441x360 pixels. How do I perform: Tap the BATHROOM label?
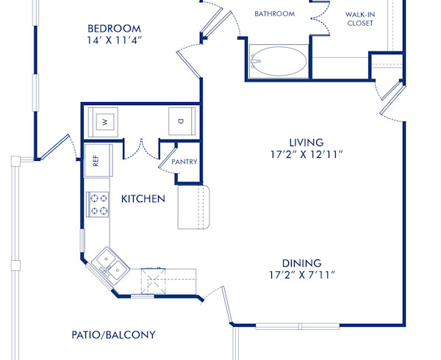pos(274,13)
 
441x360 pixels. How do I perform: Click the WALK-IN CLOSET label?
pos(359,18)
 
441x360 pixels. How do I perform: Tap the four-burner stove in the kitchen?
pos(98,204)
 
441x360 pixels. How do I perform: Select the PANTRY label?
pos(184,162)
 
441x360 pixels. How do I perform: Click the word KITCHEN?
pos(143,199)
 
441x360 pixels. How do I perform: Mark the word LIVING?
pos(306,142)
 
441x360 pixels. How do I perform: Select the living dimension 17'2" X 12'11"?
pos(306,155)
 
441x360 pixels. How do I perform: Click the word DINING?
pos(301,263)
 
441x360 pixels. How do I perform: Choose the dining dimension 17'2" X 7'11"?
pos(301,276)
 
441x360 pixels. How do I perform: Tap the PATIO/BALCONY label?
pos(113,335)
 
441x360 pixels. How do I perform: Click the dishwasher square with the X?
pos(155,280)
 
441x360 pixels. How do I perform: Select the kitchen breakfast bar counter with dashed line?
pos(194,207)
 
